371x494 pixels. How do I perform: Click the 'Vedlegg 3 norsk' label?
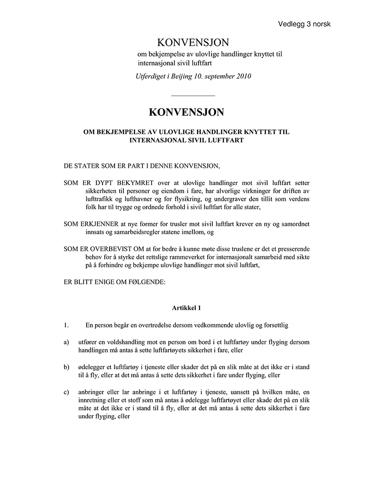point(304,24)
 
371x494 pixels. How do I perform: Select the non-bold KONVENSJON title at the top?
point(193,43)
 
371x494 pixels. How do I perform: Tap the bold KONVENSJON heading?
point(186,112)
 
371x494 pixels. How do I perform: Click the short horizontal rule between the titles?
point(193,96)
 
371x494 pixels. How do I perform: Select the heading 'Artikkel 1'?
point(186,307)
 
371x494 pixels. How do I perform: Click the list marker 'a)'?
point(67,342)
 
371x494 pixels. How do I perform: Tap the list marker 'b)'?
point(67,367)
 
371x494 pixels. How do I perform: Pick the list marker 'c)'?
point(67,392)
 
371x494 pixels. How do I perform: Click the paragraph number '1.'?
point(66,325)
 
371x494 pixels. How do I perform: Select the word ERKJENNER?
point(100,224)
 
